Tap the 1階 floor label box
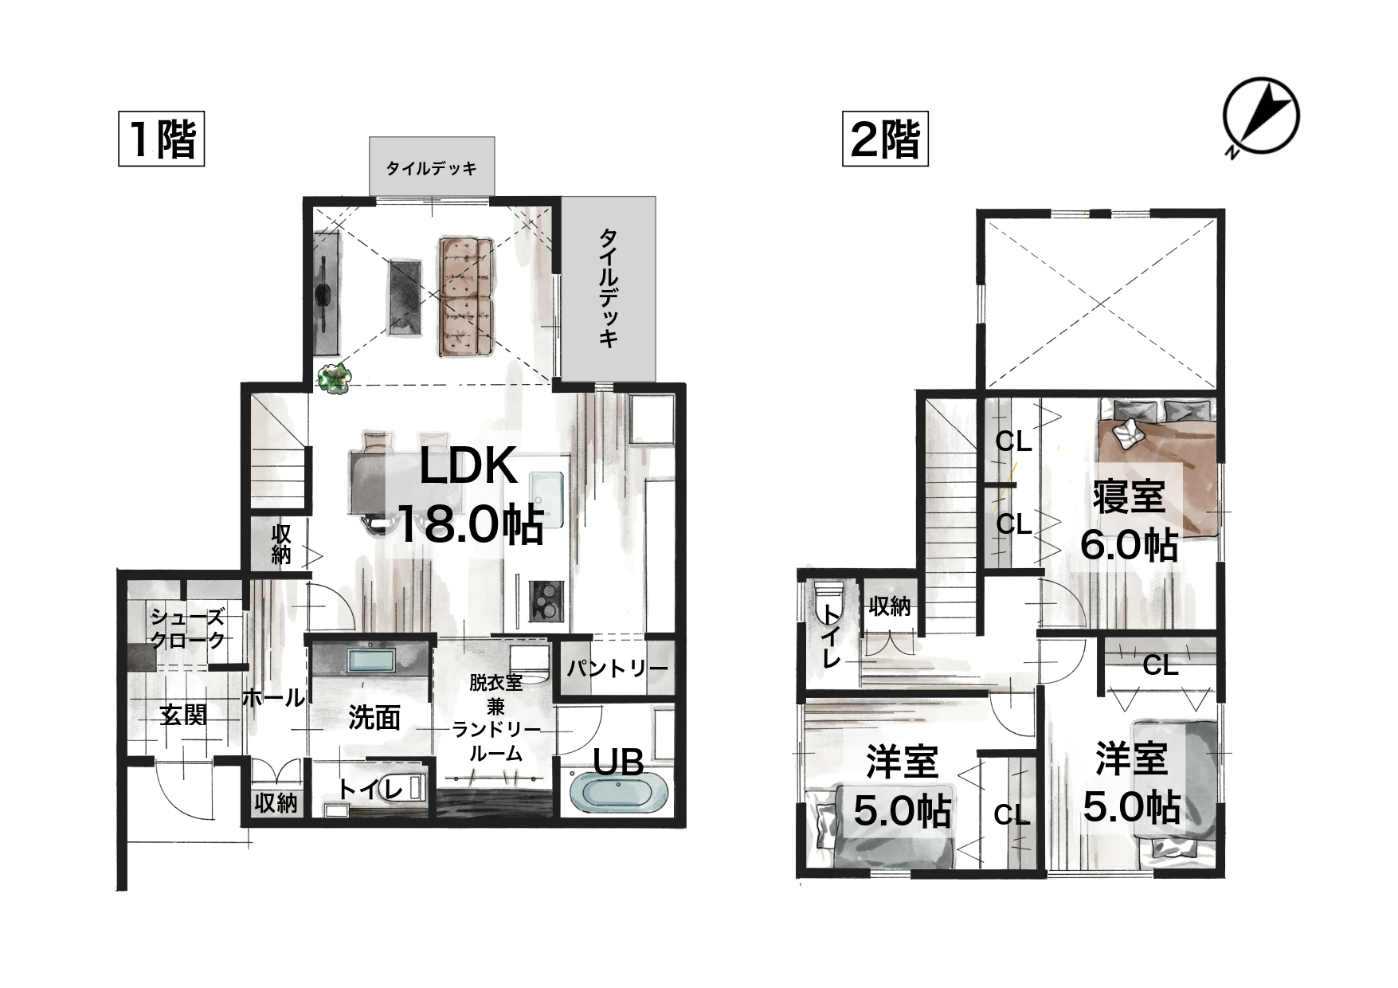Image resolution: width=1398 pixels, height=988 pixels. [162, 139]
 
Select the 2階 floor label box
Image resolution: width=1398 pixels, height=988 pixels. [885, 139]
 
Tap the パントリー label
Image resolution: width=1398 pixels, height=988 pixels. [617, 668]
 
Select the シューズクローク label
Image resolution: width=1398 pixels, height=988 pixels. [188, 627]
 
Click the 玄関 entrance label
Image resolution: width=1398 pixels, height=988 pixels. [184, 715]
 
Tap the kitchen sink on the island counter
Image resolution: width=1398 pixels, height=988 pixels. [546, 497]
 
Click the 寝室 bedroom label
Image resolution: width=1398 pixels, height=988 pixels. [1129, 496]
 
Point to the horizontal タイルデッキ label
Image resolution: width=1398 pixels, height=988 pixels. [432, 168]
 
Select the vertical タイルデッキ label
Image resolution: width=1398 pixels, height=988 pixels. [609, 288]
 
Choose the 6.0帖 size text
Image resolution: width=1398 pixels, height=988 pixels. [1129, 545]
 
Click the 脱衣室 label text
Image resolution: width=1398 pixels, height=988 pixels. [495, 683]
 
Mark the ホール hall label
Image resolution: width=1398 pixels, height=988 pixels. [273, 698]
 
